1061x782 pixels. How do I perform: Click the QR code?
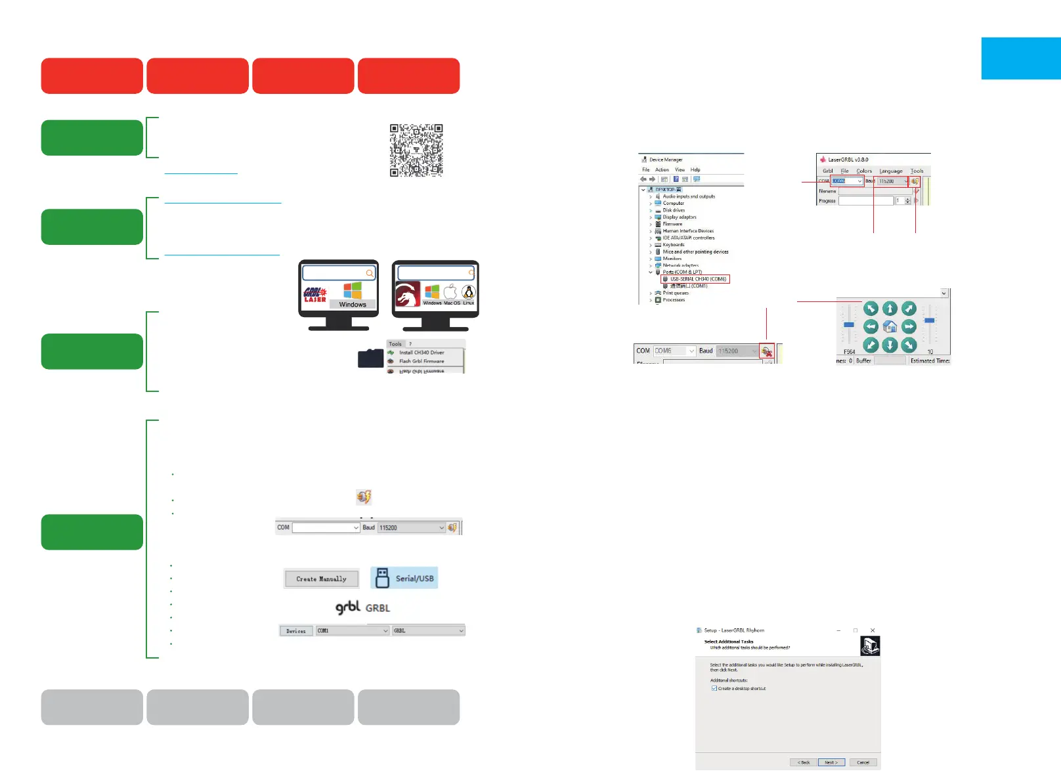416,150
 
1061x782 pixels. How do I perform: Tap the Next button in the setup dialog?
831,762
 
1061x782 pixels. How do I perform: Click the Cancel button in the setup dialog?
863,762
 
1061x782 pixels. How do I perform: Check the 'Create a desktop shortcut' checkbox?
714,689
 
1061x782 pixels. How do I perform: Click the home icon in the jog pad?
890,326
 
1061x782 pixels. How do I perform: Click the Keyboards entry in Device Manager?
673,245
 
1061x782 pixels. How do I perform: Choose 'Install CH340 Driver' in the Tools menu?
422,353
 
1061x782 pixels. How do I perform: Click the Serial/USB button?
404,578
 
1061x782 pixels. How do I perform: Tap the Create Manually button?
321,578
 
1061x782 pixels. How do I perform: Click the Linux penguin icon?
468,292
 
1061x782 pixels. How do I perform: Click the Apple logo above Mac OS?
450,292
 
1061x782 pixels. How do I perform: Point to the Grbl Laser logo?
315,295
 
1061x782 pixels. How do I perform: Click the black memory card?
370,358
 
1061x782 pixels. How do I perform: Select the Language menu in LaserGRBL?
891,171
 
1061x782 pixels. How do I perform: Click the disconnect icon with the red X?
766,351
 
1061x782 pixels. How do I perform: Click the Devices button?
296,631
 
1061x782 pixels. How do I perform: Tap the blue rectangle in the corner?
1021,58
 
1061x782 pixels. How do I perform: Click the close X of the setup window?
872,630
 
